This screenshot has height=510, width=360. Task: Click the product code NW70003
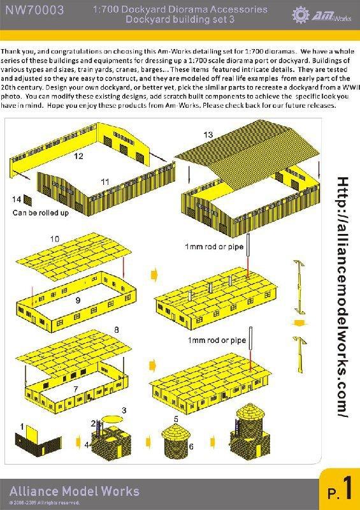[x=34, y=10]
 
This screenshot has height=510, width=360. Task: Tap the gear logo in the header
[x=301, y=14]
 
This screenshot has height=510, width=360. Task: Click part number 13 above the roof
[x=208, y=135]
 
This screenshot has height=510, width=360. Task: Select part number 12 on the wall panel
[x=78, y=156]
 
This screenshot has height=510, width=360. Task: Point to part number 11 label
[x=104, y=182]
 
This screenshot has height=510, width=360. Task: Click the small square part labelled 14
[x=28, y=201]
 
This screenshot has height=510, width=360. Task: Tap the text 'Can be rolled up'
[x=41, y=213]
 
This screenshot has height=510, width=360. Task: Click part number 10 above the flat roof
[x=55, y=239]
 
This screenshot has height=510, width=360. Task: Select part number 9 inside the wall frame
[x=78, y=300]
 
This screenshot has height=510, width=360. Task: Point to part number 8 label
[x=117, y=330]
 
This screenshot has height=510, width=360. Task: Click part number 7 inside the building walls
[x=76, y=389]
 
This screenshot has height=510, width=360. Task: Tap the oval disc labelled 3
[x=113, y=418]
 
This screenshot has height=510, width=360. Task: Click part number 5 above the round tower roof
[x=176, y=419]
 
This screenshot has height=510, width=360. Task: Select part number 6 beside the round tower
[x=191, y=447]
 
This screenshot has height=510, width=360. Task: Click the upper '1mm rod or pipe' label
[x=214, y=247]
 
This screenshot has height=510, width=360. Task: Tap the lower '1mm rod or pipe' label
[x=217, y=340]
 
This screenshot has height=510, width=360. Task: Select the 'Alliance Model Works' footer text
[x=75, y=491]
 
